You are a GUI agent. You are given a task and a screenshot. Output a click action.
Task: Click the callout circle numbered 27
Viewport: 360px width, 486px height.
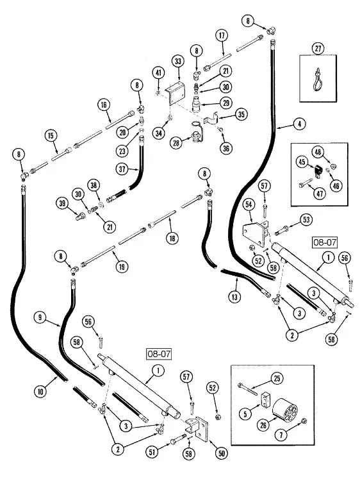click(x=318, y=49)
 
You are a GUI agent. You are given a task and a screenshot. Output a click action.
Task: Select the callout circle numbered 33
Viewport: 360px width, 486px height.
click(x=178, y=61)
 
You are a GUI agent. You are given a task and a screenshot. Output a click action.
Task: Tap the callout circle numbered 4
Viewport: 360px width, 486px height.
click(x=299, y=124)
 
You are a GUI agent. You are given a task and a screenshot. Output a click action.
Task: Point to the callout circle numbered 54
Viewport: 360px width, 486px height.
click(x=249, y=205)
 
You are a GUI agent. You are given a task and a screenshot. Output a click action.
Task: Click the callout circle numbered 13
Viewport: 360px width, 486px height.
click(x=234, y=297)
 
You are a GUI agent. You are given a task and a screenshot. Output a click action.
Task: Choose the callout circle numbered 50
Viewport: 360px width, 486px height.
click(x=222, y=453)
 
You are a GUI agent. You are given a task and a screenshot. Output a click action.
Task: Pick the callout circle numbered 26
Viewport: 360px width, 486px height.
click(x=263, y=425)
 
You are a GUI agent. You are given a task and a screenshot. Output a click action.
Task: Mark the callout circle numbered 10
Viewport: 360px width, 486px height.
click(x=40, y=392)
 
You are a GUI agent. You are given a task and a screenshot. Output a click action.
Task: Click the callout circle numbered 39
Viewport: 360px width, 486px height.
click(x=63, y=203)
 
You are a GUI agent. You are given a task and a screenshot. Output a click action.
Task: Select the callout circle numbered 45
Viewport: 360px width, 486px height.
click(x=302, y=162)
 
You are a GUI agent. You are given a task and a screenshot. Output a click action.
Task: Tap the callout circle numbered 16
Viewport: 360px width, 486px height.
click(x=104, y=105)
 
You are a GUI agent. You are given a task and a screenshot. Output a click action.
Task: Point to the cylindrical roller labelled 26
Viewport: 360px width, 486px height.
click(x=285, y=410)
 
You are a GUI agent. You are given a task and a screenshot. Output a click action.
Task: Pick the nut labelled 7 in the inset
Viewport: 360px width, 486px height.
click(x=304, y=421)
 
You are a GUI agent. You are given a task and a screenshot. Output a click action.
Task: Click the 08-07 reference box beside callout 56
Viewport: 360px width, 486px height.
click(x=325, y=242)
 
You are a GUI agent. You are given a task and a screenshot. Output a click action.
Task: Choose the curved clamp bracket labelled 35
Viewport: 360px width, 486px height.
click(x=212, y=119)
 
